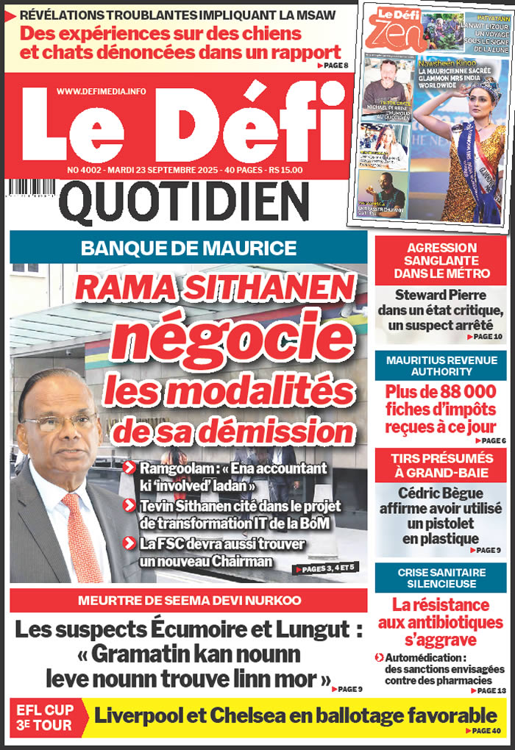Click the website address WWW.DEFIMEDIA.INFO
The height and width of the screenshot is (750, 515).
101,91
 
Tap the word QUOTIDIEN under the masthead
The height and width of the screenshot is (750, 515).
184,202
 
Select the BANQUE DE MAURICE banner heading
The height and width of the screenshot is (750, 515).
188,248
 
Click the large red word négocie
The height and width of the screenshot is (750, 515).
227,338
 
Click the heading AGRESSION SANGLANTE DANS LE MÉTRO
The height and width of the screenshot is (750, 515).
441,261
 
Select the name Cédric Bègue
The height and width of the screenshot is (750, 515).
441,493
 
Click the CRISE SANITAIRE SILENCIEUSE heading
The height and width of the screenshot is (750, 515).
441,578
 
